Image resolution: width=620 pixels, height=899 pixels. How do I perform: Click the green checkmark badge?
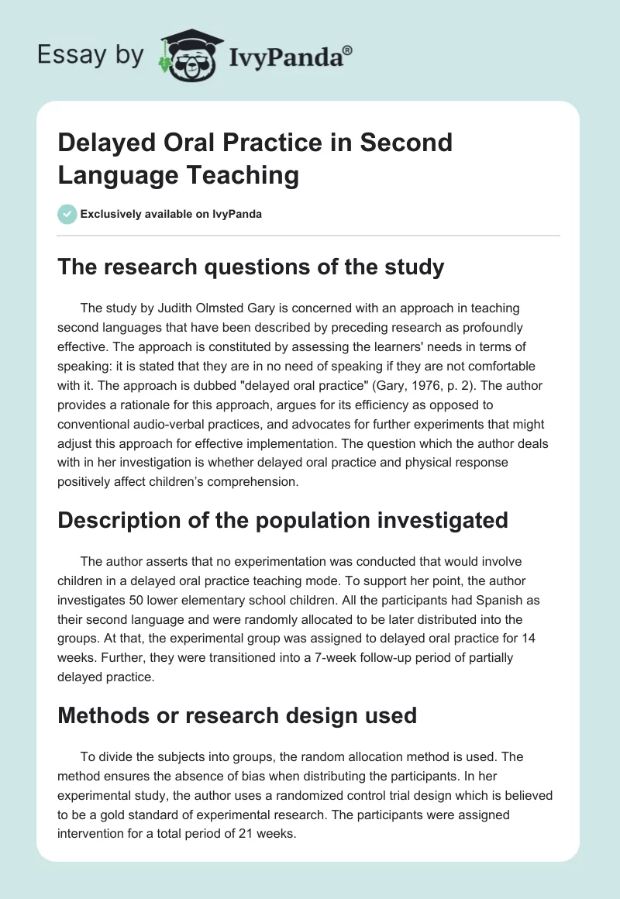67,214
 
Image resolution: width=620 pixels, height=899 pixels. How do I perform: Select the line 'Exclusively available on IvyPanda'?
170,214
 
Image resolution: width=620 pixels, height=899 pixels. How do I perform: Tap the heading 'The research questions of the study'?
251,267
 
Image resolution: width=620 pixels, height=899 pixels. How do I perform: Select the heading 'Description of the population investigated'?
283,519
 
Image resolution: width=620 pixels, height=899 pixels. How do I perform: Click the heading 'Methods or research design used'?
237,715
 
